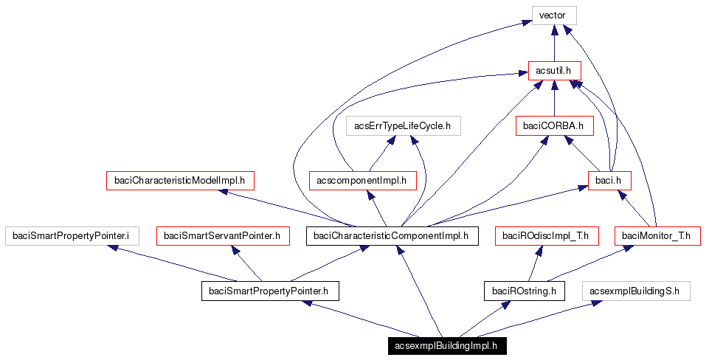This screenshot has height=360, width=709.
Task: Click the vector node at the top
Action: [x=553, y=15]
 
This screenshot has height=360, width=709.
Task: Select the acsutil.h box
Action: [x=554, y=71]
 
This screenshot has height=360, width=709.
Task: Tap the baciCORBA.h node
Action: [x=554, y=126]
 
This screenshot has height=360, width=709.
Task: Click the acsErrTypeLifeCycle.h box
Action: [x=403, y=126]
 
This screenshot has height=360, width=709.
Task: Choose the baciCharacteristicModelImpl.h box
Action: [x=180, y=181]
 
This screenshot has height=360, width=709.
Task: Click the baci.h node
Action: [x=609, y=181]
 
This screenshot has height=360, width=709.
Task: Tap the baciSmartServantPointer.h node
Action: [x=221, y=236]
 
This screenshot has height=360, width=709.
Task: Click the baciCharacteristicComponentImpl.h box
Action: [x=391, y=236]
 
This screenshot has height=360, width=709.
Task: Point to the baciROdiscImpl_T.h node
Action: [x=545, y=236]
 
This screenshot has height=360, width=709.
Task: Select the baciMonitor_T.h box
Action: [x=656, y=236]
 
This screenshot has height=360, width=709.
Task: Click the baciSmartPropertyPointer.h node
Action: [x=269, y=291]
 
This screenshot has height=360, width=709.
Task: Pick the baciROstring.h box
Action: [x=524, y=291]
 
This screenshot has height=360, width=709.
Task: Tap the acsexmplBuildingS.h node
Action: [x=635, y=291]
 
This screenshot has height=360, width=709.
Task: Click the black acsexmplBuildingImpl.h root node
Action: [x=446, y=345]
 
